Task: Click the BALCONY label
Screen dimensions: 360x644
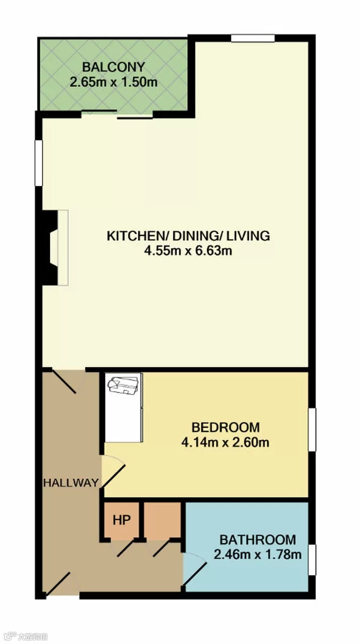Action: pos(114,67)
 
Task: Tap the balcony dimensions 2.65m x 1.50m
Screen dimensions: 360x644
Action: pos(114,82)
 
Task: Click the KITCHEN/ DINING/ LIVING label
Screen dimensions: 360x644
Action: pos(188,236)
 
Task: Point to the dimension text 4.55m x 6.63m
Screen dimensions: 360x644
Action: pos(188,251)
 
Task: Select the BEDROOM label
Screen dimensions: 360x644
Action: pos(225,427)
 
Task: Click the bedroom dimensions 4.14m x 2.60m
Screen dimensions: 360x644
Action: pos(225,442)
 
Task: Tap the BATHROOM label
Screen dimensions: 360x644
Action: pos(258,540)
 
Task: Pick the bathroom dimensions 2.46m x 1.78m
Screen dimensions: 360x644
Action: pos(258,554)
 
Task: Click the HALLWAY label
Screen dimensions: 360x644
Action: pos(71,482)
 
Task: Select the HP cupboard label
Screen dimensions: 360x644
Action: pos(122,520)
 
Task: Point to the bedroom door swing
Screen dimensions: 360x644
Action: pos(114,472)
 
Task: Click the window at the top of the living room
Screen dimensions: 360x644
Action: pos(253,38)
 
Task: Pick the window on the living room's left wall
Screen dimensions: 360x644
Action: pos(39,163)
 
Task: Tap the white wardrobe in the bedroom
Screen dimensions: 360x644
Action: pos(124,408)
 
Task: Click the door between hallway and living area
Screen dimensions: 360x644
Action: pos(64,380)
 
